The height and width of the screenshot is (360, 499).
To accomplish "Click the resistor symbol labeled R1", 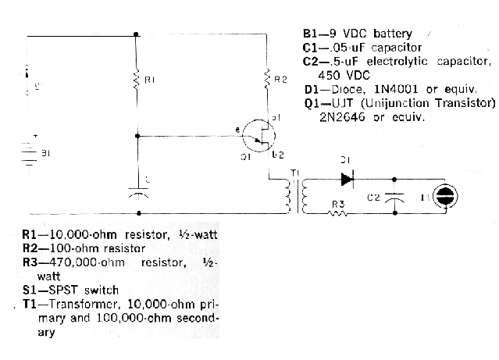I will click(x=137, y=81).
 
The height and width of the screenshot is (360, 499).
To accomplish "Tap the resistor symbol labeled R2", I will click(x=268, y=78).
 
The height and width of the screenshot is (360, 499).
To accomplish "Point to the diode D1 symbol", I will click(x=347, y=179).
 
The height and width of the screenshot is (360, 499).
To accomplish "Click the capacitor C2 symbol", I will click(x=396, y=198).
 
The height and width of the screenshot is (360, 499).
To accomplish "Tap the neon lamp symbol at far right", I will click(x=444, y=197).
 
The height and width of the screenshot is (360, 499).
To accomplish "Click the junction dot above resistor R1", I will click(x=137, y=34).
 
